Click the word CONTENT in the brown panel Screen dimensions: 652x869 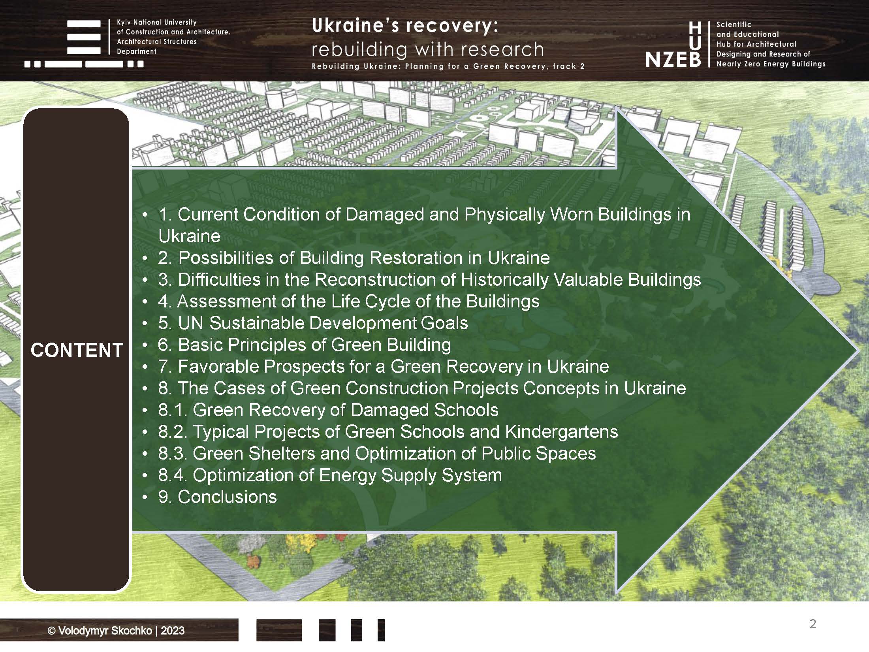point(77,350)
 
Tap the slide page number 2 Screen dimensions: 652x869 point(813,624)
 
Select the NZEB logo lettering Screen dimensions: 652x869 point(673,59)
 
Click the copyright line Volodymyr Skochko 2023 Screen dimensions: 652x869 point(116,631)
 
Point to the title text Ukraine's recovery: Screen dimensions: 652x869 point(405,26)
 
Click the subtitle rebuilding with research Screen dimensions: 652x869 point(428,49)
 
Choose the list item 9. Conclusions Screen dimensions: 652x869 point(218,497)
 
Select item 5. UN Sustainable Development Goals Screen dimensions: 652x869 point(313,323)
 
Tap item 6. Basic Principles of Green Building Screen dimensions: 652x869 point(304,345)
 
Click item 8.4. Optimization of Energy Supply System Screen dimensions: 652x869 point(330,475)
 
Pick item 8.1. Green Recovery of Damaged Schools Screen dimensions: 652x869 point(328,410)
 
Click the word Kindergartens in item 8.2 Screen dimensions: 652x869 point(561,432)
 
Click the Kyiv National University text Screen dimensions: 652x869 point(157,23)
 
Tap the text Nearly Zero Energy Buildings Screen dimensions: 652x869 point(771,64)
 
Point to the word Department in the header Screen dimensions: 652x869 point(137,51)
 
